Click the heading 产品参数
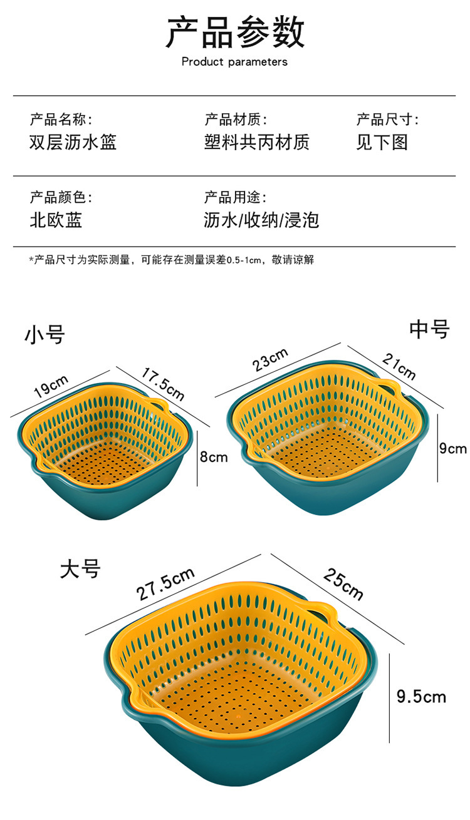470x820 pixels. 235,33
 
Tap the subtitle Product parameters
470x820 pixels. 234,62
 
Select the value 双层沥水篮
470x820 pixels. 73,142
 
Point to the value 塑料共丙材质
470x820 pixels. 256,142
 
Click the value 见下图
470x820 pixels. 382,142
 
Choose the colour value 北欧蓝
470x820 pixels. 56,220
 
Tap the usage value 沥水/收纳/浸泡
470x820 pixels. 261,220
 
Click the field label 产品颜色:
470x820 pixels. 61,198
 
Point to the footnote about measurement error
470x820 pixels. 171,260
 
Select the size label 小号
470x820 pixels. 44,334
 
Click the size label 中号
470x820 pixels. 429,329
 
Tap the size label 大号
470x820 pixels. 80,569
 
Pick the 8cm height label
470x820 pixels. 214,458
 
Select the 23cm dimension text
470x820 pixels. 271,359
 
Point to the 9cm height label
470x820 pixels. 452,448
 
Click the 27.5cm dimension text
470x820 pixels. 166,585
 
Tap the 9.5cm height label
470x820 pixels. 421,696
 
